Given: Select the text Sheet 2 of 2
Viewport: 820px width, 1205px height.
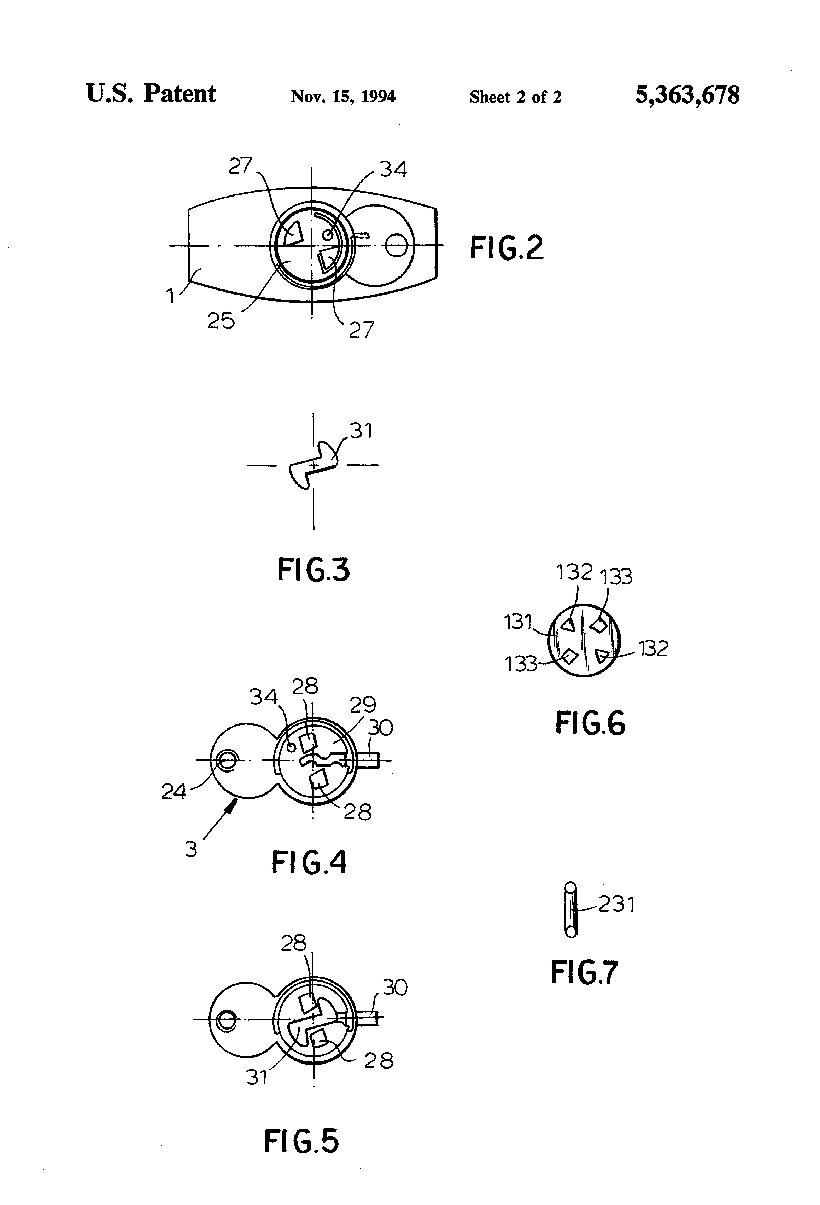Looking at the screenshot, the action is pyautogui.click(x=515, y=97).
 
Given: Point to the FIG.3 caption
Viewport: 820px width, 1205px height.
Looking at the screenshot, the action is pyautogui.click(x=314, y=569).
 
